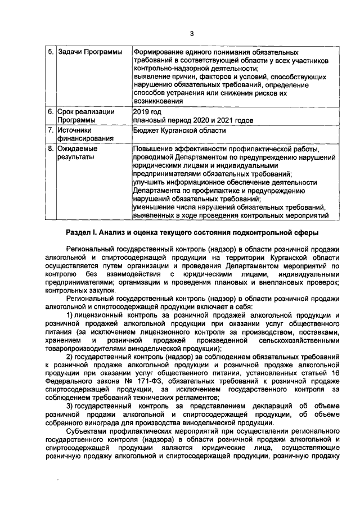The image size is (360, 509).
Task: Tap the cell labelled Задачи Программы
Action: tap(91, 52)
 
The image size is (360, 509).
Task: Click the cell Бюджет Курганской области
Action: tap(179, 130)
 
